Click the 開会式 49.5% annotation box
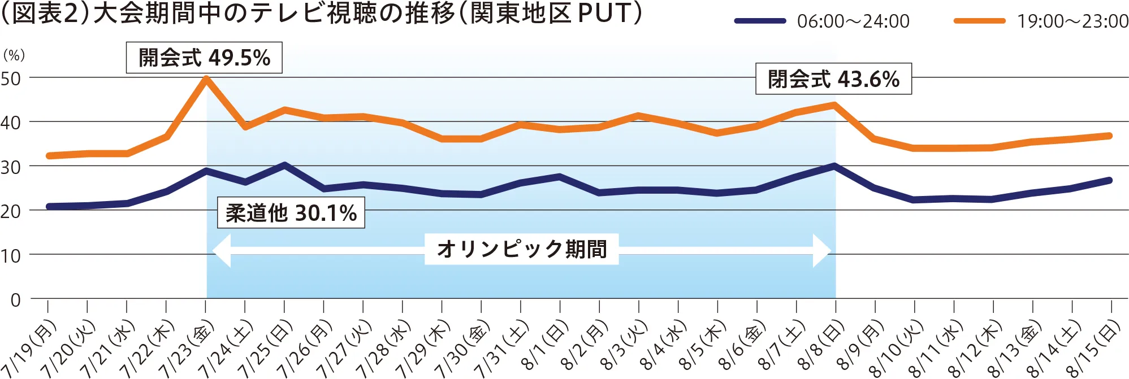click(204, 58)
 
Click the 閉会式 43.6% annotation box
click(833, 79)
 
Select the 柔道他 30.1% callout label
click(291, 213)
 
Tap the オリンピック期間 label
click(521, 249)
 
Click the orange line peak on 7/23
click(206, 79)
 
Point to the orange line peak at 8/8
click(834, 104)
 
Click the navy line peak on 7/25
click(284, 165)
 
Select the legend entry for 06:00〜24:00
click(823, 21)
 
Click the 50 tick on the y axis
click(11, 79)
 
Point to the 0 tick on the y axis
click(15, 300)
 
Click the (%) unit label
click(14, 55)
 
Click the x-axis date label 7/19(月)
click(31, 347)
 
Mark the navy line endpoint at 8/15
click(1109, 181)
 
